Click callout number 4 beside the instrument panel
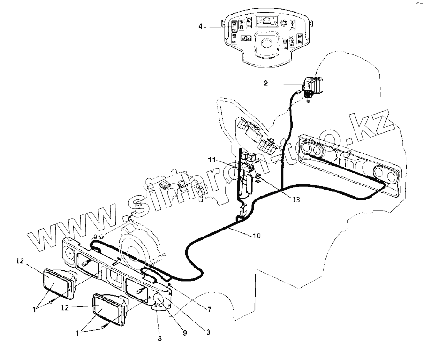pos(200,27)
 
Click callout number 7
pos(209,309)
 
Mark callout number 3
pos(208,332)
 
